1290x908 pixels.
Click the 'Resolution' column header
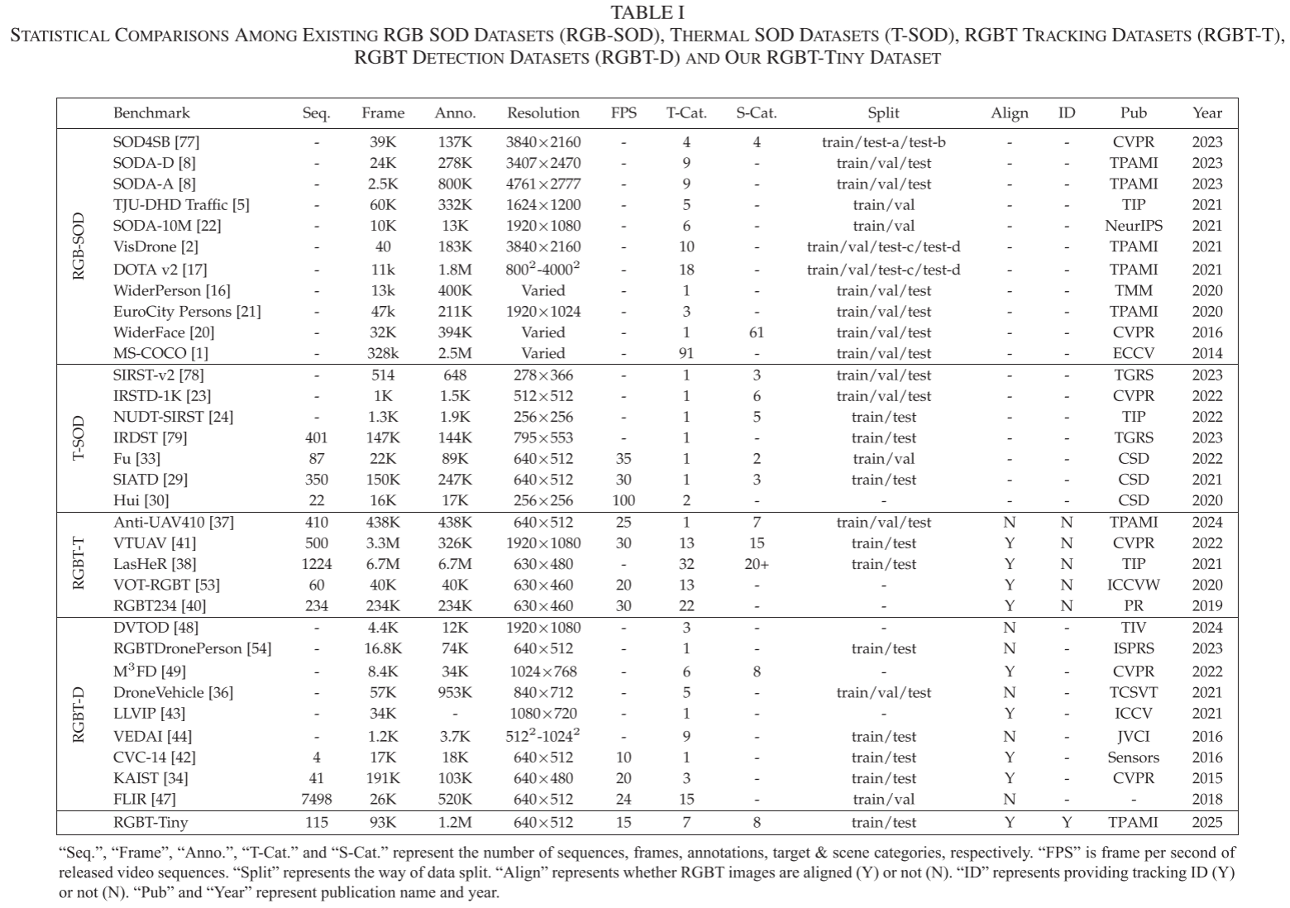[x=542, y=113]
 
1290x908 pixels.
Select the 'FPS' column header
[x=623, y=113]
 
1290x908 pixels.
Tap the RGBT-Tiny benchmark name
[x=150, y=822]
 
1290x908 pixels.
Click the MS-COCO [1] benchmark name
[x=160, y=353]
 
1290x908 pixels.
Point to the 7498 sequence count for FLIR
[x=316, y=799]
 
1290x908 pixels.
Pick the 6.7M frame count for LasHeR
[x=383, y=564]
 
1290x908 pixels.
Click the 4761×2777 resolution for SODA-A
[x=542, y=184]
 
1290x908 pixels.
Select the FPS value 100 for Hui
[x=623, y=500]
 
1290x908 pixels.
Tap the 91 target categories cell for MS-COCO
[x=686, y=353]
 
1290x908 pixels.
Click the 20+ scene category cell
[x=757, y=564]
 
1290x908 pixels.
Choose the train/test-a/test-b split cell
[x=883, y=142]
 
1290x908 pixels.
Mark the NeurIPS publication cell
[x=1133, y=226]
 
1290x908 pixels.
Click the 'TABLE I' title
[x=647, y=12]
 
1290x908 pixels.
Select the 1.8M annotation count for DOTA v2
[x=455, y=270]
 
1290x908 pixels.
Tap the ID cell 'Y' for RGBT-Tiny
[x=1067, y=822]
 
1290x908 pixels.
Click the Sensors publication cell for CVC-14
[x=1133, y=757]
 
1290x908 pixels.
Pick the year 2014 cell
[x=1206, y=353]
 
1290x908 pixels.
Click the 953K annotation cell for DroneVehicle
[x=455, y=692]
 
